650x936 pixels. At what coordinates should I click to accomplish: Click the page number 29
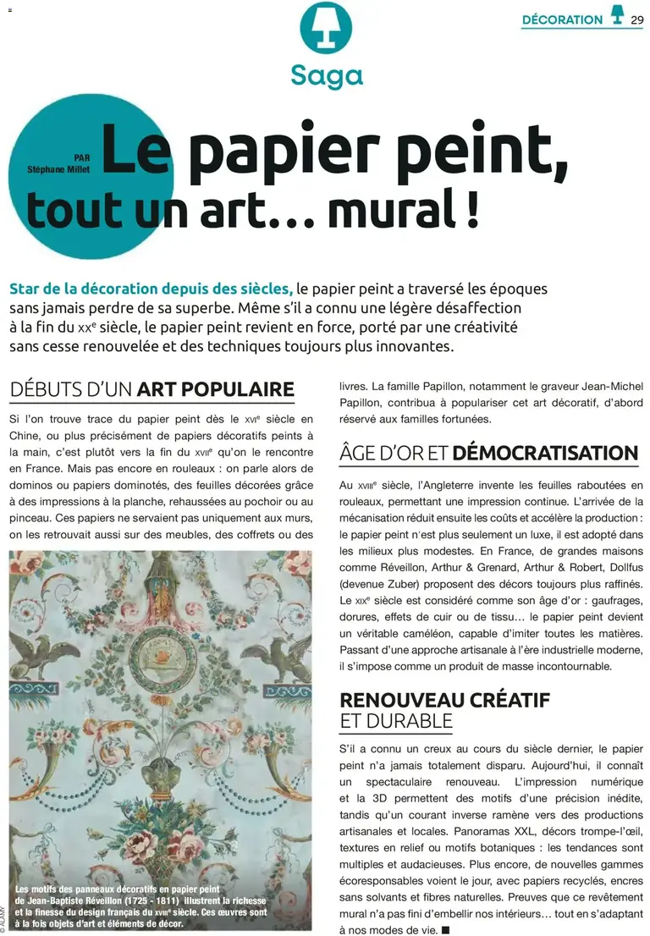(637, 19)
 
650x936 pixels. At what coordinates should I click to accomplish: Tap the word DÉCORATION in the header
(562, 19)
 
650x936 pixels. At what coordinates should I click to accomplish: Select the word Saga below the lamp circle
(327, 76)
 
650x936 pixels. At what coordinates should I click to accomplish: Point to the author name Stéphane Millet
(60, 169)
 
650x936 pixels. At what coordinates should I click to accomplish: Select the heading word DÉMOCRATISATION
(545, 453)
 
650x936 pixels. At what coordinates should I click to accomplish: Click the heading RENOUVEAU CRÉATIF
(444, 700)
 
